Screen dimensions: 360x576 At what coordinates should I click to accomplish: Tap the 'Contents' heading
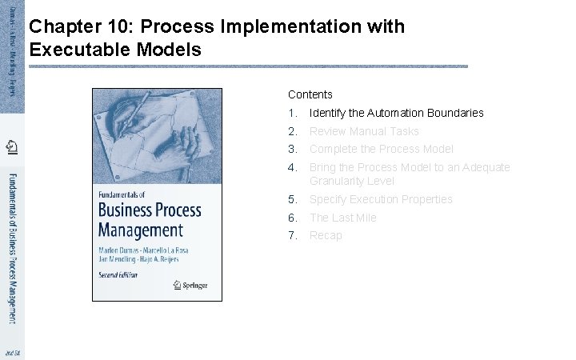(310, 94)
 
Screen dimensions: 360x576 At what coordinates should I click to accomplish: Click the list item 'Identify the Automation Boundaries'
(396, 113)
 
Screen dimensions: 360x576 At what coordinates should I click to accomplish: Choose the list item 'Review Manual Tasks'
(364, 131)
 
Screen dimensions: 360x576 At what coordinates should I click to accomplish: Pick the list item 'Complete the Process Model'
(381, 149)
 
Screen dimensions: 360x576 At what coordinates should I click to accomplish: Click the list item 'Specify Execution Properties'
(381, 199)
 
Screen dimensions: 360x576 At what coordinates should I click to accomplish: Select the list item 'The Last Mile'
(342, 218)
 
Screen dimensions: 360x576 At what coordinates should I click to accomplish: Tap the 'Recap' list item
(326, 235)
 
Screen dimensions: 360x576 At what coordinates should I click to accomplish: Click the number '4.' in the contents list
(293, 167)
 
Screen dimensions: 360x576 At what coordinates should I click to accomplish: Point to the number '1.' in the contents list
(293, 113)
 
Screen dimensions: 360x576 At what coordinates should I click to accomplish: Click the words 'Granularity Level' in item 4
(351, 181)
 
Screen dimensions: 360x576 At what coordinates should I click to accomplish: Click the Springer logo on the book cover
(190, 284)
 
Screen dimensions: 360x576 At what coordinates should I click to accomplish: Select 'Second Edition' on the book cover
(118, 274)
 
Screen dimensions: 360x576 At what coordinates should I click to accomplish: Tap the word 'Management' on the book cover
(141, 230)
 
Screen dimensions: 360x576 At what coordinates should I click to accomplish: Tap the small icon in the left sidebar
(11, 147)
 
